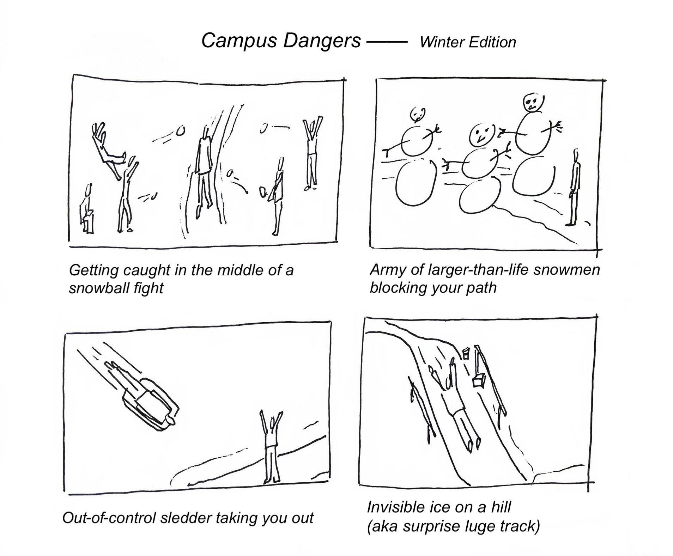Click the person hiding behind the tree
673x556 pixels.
[x=204, y=169]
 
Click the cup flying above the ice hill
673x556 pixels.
[x=466, y=353]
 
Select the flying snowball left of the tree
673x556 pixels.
[x=180, y=131]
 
